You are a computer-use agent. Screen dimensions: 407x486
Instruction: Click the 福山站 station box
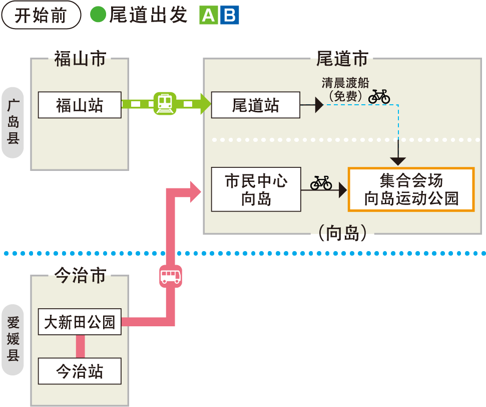coord(80,105)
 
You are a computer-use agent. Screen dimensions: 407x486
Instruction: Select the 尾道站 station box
coord(255,105)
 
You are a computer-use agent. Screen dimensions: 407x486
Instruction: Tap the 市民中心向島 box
coord(256,189)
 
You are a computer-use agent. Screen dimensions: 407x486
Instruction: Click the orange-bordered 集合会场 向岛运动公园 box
coord(411,189)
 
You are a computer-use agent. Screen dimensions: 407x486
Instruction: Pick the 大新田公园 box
coord(80,322)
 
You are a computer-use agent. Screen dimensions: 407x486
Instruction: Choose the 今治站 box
coord(80,371)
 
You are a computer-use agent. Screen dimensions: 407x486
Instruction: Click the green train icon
coord(165,104)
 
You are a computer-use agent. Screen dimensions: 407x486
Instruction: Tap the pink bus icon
coord(170,276)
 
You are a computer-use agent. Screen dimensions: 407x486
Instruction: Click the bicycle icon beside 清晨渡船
coord(379,96)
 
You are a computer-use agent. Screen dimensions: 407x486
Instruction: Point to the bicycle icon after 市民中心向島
coord(321,182)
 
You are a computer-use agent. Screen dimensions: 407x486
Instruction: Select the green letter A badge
coord(208,16)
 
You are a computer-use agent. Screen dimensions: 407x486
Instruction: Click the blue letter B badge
coord(230,16)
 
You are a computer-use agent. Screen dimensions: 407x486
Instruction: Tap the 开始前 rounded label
coord(41,15)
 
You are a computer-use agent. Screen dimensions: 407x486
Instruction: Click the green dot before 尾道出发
coord(98,15)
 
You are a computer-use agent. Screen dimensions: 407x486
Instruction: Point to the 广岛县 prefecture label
coord(13,122)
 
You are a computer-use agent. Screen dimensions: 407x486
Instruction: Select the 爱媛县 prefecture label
coord(13,339)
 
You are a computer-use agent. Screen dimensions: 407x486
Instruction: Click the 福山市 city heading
coord(80,59)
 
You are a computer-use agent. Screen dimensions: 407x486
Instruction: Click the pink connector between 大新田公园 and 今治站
coord(80,346)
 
